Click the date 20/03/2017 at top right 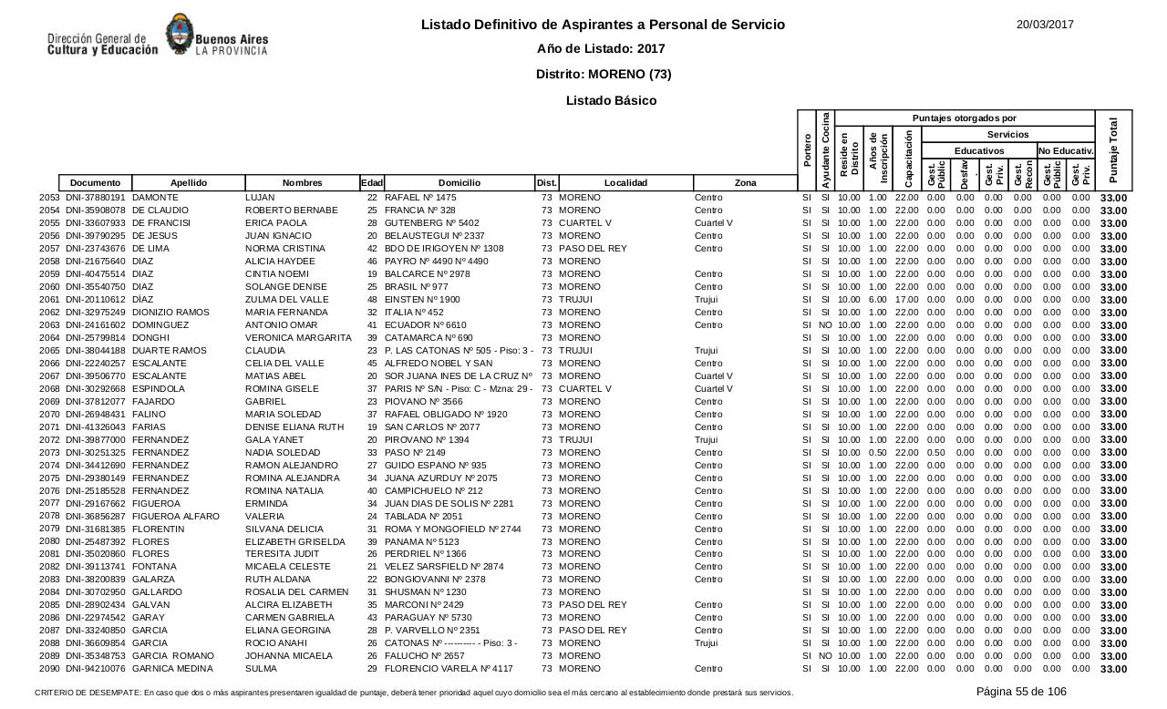[x=1045, y=25]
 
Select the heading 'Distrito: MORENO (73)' [x=604, y=74]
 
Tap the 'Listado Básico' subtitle [x=611, y=100]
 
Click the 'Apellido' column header [x=189, y=183]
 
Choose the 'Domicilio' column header [x=459, y=183]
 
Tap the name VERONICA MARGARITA [x=298, y=338]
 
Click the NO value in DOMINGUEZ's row [x=825, y=325]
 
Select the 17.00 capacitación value [x=906, y=300]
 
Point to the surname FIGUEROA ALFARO [x=176, y=517]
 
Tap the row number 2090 [x=50, y=669]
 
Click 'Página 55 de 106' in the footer [x=1021, y=692]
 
